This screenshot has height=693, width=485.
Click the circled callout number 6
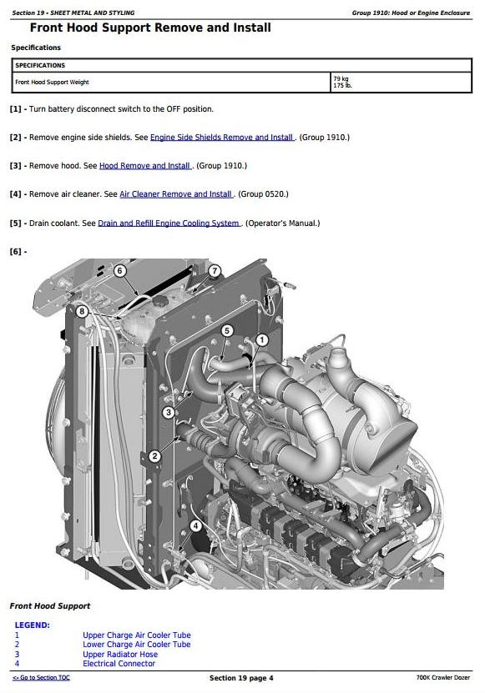pyautogui.click(x=119, y=270)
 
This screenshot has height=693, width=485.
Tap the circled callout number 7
pyautogui.click(x=215, y=270)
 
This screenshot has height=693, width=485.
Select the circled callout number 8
pyautogui.click(x=82, y=312)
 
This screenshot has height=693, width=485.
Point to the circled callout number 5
pyautogui.click(x=227, y=330)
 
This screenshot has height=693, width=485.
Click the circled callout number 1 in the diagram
pyautogui.click(x=262, y=339)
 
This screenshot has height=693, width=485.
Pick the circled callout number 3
pyautogui.click(x=168, y=413)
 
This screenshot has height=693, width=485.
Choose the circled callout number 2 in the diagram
pyautogui.click(x=154, y=456)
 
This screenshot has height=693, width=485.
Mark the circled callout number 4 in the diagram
pyautogui.click(x=195, y=525)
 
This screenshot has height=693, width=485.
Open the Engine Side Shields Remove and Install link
pyautogui.click(x=222, y=138)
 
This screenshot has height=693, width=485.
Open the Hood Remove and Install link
pyautogui.click(x=144, y=166)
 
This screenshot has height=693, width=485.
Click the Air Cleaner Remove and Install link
pyautogui.click(x=175, y=194)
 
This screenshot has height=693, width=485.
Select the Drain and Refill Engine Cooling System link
pyautogui.click(x=169, y=223)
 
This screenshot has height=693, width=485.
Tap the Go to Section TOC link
pyautogui.click(x=41, y=677)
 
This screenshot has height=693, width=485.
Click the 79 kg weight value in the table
pyautogui.click(x=341, y=78)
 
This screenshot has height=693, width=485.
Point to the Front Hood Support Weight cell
pyautogui.click(x=53, y=83)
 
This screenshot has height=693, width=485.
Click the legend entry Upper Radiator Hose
pyautogui.click(x=120, y=654)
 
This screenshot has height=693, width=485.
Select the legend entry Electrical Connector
pyautogui.click(x=119, y=663)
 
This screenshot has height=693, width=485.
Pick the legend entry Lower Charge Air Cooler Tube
pyautogui.click(x=137, y=645)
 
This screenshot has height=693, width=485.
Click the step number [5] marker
pyautogui.click(x=16, y=223)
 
